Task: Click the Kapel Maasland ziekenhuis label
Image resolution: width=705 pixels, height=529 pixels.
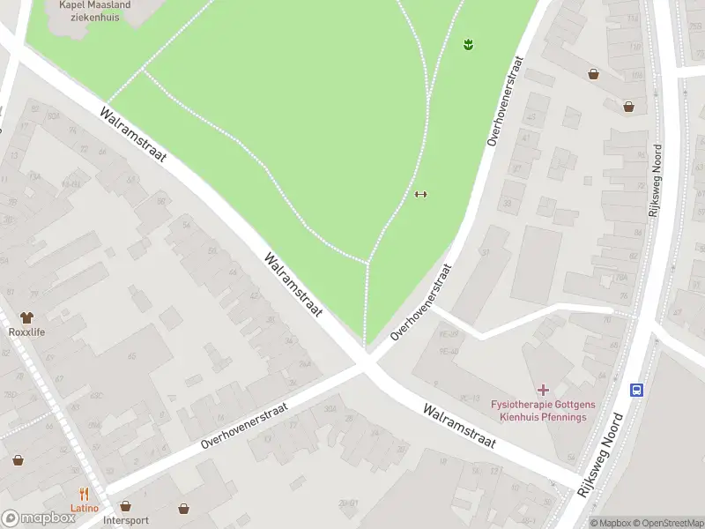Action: coord(94,11)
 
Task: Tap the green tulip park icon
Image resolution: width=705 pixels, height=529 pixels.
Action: coord(469,43)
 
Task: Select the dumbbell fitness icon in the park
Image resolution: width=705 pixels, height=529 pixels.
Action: coord(420,195)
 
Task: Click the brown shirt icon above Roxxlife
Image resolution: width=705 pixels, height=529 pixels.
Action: coord(26,317)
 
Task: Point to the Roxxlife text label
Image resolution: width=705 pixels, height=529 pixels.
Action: coord(26,332)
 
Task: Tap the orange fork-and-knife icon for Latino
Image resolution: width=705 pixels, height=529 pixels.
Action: coord(85,494)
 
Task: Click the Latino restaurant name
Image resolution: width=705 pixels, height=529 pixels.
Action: coord(85,509)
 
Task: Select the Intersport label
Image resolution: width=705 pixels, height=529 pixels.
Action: coord(125,521)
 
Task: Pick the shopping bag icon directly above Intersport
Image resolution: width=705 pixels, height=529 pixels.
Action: coord(125,507)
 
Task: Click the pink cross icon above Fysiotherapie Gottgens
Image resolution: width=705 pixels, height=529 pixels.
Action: coord(543,389)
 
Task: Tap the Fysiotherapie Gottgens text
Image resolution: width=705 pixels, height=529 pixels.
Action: coord(543,405)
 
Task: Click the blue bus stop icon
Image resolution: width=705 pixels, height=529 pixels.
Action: coord(635,389)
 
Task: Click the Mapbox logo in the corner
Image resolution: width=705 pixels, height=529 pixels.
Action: coord(39,518)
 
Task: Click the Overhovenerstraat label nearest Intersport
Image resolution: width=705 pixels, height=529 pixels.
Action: coord(245,426)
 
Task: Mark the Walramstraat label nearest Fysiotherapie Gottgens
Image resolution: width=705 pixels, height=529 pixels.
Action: coord(459,427)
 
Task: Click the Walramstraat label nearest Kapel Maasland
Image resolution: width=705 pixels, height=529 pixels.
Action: coord(133,135)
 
